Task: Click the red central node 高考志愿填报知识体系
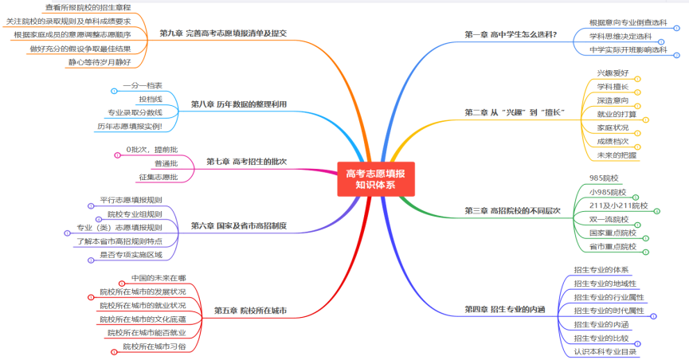coord(376,179)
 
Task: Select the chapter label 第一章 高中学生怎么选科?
coord(511,34)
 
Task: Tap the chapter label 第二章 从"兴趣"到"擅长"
coord(515,112)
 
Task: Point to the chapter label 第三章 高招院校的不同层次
coord(512,211)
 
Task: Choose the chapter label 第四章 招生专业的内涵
coord(505,310)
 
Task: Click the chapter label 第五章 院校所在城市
coord(250,311)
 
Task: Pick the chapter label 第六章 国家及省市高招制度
coord(239,226)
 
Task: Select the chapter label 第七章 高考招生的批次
coord(246,162)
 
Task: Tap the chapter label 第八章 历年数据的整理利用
coord(239,104)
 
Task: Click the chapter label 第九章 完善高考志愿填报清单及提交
coord(223,33)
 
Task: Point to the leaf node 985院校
coord(604,178)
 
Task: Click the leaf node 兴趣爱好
coord(613,73)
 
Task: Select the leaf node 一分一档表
coord(143,85)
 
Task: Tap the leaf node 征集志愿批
coord(159,177)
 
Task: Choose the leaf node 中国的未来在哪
coord(159,278)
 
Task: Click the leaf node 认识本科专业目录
coord(605,352)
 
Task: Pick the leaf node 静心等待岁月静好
coord(100,62)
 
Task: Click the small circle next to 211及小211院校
coord(657,211)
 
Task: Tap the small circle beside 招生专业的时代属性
coord(653,316)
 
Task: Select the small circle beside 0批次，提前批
coord(117,155)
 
